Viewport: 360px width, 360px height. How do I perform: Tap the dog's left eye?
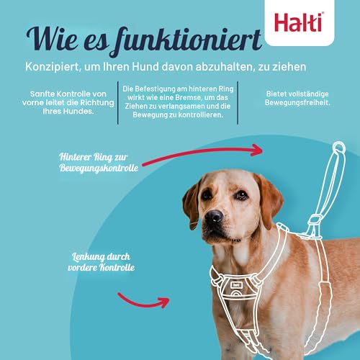(x=208, y=194)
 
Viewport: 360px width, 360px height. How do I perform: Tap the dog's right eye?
(x=241, y=194)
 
